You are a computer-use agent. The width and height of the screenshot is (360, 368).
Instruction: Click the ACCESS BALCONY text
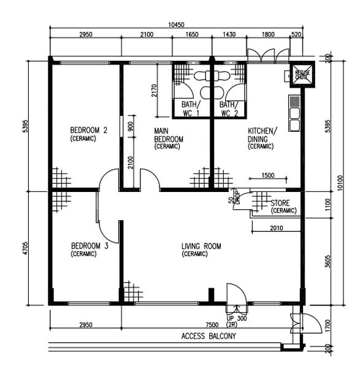click(x=209, y=337)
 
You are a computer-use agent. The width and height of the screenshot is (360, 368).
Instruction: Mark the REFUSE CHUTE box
click(x=301, y=74)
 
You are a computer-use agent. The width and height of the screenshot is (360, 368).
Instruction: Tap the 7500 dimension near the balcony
click(x=212, y=324)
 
